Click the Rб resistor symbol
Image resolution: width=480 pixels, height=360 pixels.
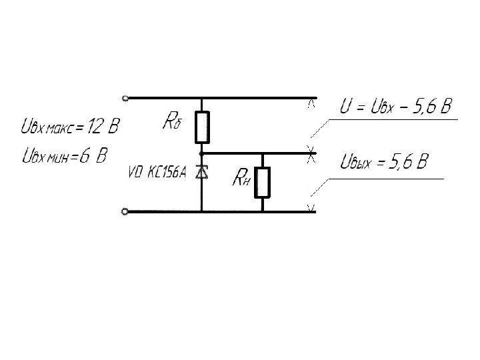tap(202, 127)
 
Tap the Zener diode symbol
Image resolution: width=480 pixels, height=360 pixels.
tap(202, 173)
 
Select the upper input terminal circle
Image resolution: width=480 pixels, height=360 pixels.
tap(125, 97)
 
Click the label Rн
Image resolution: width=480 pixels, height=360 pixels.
tap(241, 178)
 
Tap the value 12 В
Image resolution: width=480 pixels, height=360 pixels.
tap(107, 125)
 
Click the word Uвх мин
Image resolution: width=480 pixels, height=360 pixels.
tap(45, 157)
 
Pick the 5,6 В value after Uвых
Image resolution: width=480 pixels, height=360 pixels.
tap(408, 161)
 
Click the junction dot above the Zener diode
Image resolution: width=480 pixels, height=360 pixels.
tap(202, 153)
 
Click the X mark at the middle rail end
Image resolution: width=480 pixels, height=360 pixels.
tap(310, 153)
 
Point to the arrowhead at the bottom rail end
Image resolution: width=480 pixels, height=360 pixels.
tap(311, 209)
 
